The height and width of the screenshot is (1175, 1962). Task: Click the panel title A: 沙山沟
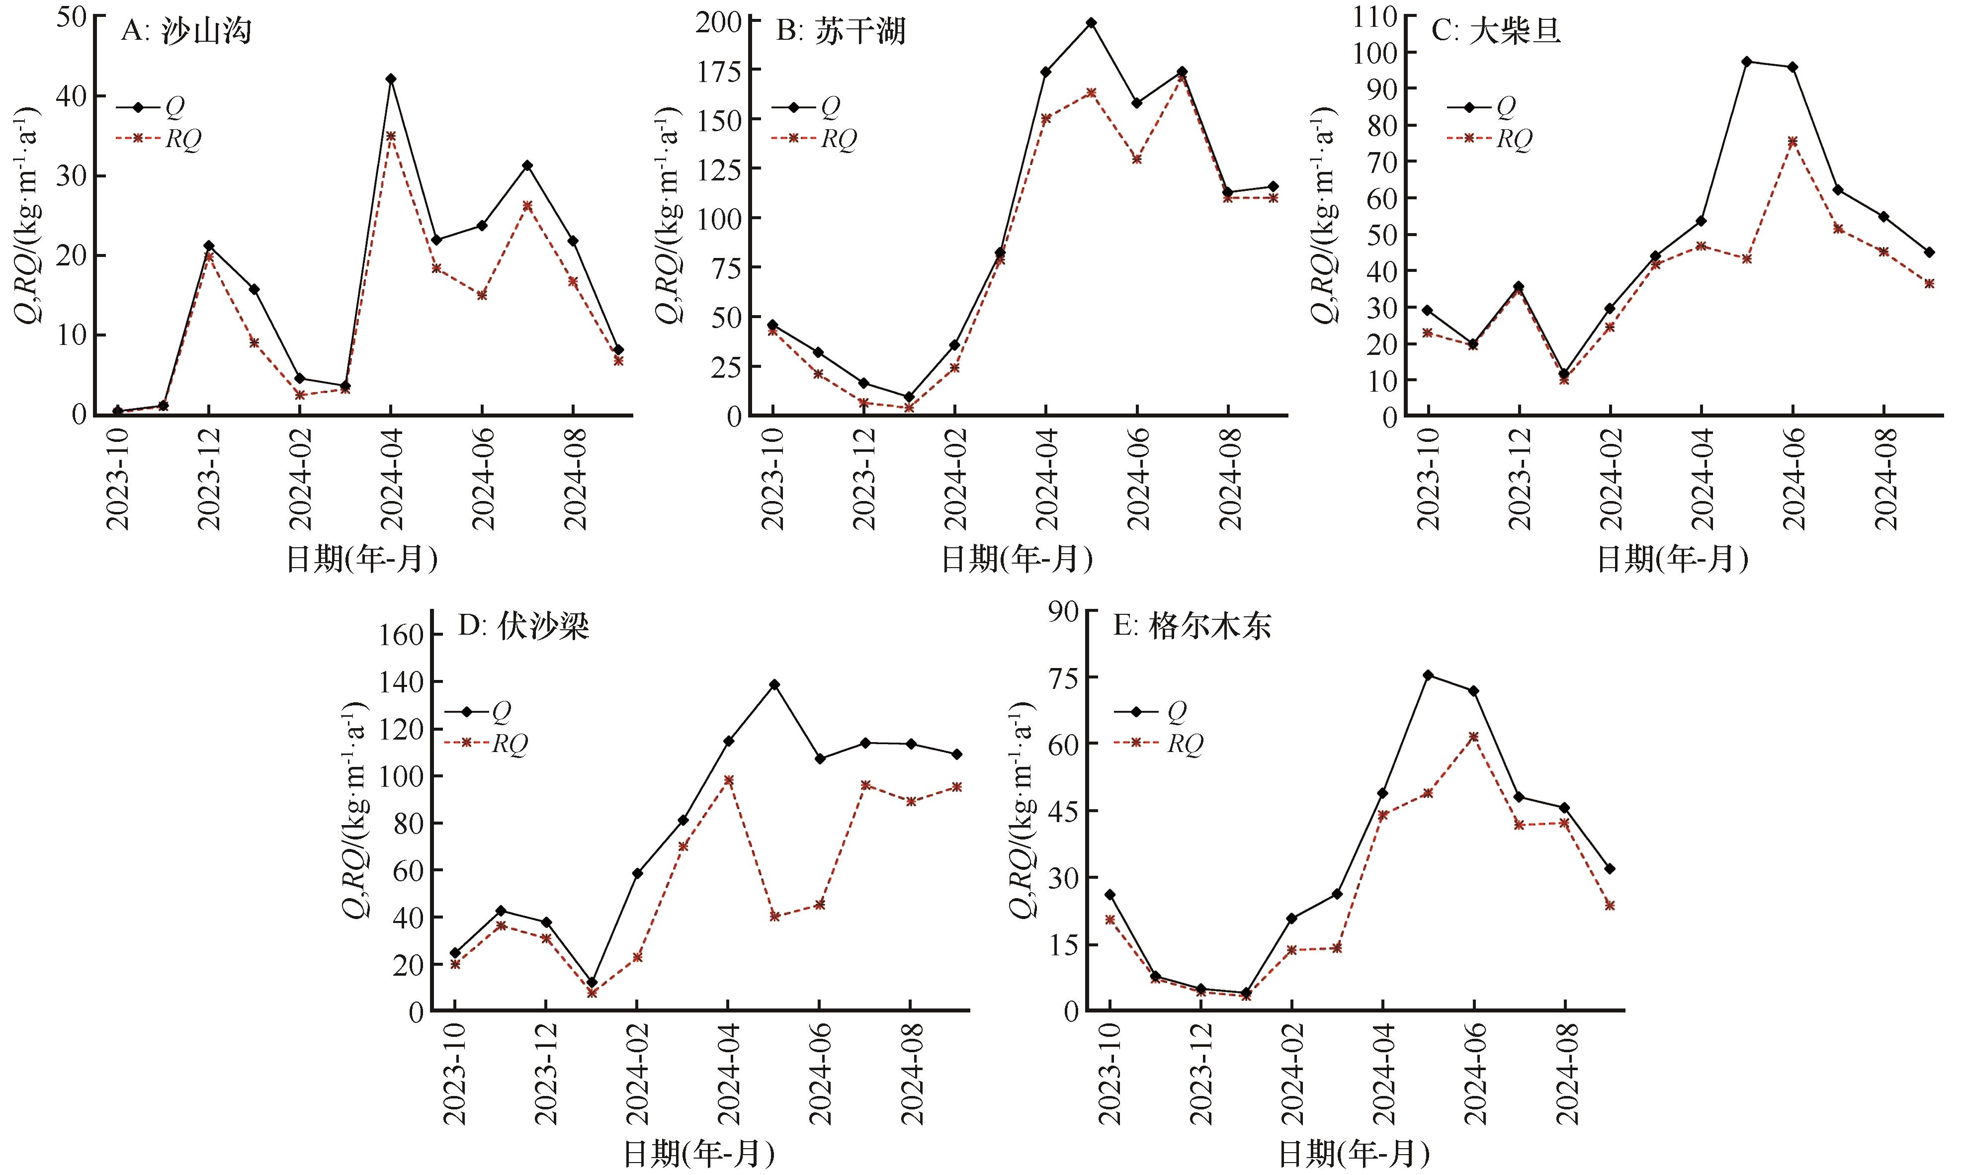[187, 32]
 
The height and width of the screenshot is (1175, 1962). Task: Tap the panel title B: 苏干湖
[841, 32]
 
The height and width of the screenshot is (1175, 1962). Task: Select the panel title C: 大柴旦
[1496, 32]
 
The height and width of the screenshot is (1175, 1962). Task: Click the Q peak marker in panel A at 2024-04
[391, 79]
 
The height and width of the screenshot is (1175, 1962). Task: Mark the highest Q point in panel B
[1091, 23]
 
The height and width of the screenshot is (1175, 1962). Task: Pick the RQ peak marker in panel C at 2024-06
[1792, 142]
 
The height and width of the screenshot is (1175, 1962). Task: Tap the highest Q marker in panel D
[774, 684]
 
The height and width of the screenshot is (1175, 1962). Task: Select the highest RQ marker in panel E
[1473, 736]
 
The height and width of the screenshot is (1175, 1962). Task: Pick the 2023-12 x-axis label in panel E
[1201, 1074]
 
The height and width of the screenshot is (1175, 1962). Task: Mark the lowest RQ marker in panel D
[592, 992]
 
